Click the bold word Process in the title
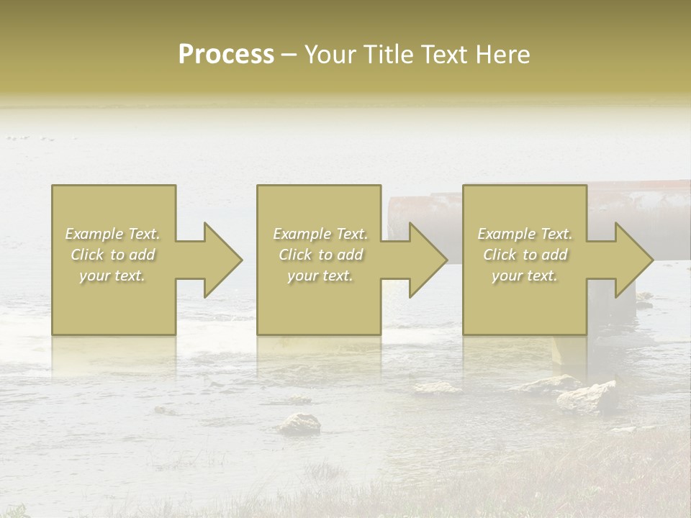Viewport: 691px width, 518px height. pos(226,55)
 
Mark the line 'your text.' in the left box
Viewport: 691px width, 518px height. pos(112,276)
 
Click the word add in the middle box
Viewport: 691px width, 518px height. pos(350,255)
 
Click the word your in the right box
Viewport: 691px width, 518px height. pos(508,276)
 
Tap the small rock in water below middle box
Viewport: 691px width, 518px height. pos(299,424)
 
